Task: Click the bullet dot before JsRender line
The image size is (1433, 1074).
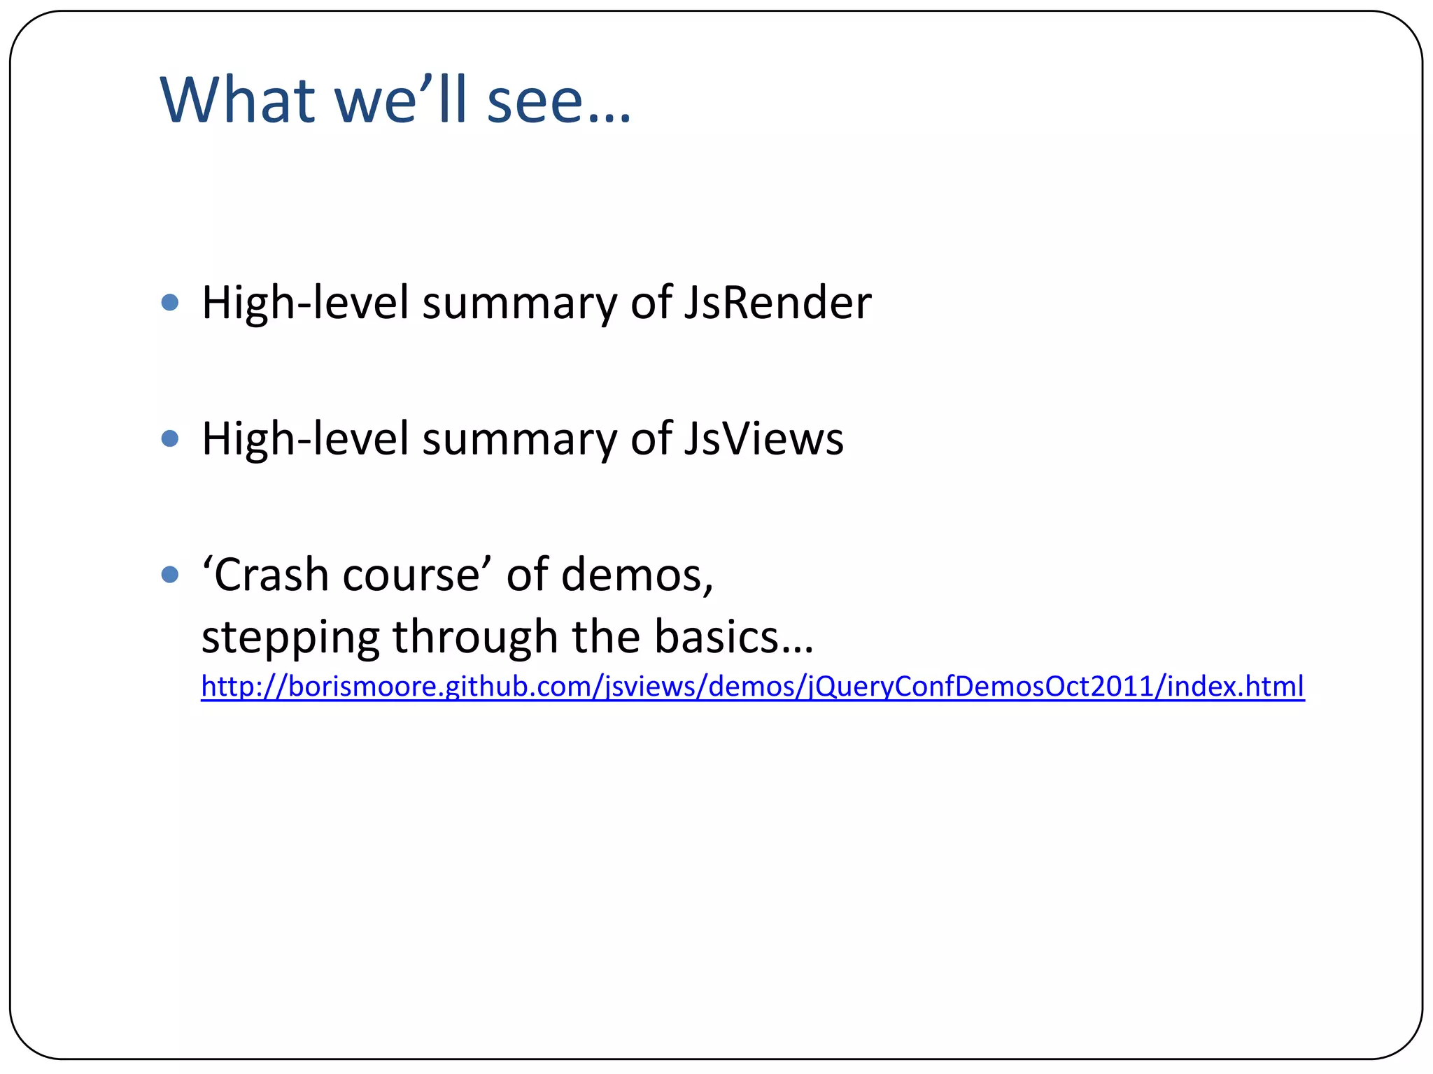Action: point(170,303)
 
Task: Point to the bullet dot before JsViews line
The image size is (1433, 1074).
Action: point(170,438)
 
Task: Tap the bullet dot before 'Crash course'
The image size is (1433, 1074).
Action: point(170,575)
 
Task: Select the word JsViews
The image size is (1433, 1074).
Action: point(763,439)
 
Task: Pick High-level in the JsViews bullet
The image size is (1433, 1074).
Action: point(304,439)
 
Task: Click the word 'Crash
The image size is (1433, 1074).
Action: point(266,575)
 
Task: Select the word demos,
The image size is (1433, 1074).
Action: point(637,575)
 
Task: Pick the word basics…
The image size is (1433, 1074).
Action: point(734,638)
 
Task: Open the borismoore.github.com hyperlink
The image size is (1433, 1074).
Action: point(752,687)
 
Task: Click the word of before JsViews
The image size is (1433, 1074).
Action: point(650,439)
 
